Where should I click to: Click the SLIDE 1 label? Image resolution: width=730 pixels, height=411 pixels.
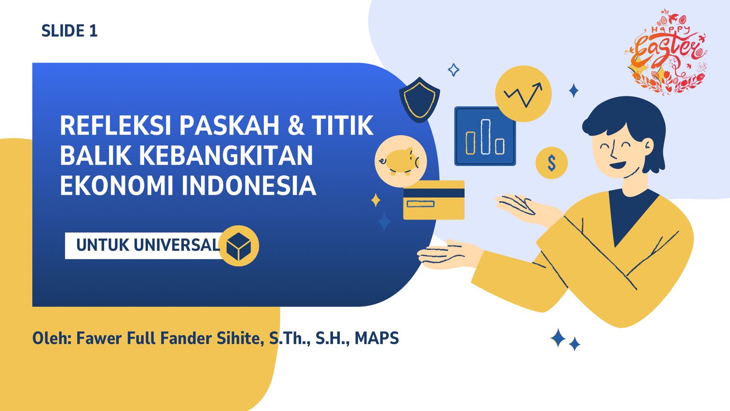tap(69, 31)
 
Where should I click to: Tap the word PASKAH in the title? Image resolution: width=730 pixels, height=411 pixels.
tap(229, 125)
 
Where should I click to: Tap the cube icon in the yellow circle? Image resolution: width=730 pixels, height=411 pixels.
tap(239, 246)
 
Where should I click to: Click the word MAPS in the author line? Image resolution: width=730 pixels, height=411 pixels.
tap(376, 338)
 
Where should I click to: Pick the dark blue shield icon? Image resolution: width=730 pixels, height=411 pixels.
tap(419, 100)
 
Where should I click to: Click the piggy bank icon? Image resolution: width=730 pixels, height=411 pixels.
tap(401, 161)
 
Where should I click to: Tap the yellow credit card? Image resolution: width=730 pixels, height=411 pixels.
tap(434, 200)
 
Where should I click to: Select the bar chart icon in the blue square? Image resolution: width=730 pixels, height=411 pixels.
tap(485, 137)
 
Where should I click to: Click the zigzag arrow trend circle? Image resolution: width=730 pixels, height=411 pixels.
tap(523, 94)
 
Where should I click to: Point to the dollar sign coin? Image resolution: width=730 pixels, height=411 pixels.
tap(552, 163)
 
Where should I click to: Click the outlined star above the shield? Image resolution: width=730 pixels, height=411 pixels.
tap(454, 70)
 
